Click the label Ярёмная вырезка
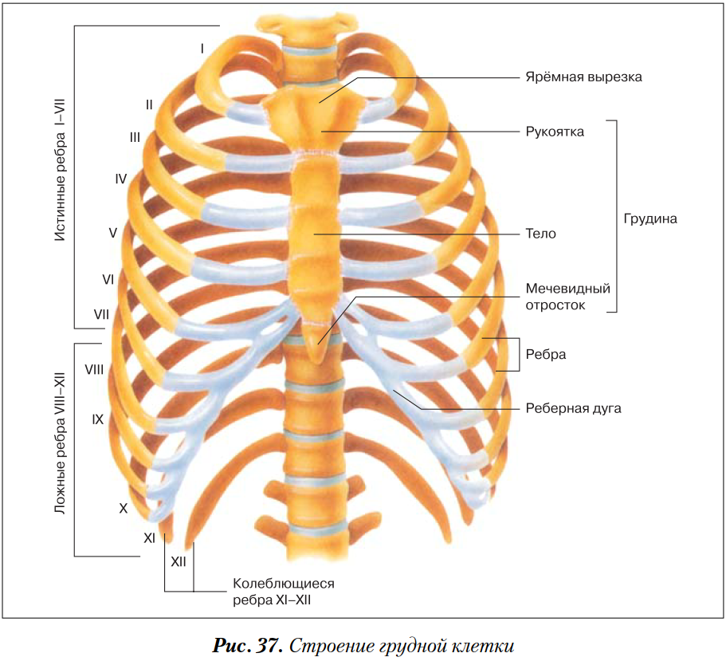(583, 77)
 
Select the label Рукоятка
(555, 132)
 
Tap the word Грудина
(650, 218)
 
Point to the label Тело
(540, 234)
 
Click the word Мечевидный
(567, 289)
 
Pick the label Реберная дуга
(573, 408)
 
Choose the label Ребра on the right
(546, 354)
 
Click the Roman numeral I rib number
(202, 49)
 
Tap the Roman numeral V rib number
(113, 233)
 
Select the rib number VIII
(95, 370)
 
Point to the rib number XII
(179, 561)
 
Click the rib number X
(124, 507)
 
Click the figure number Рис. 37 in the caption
(248, 644)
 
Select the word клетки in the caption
(480, 644)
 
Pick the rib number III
(135, 137)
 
